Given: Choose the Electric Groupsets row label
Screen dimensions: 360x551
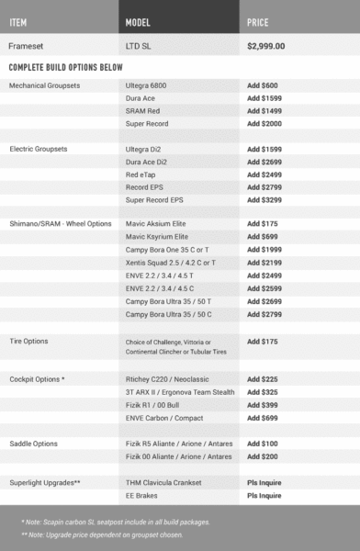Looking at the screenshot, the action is point(39,148).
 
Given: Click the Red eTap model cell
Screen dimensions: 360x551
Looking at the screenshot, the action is point(141,174).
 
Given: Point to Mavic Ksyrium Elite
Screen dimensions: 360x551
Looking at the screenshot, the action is point(156,237).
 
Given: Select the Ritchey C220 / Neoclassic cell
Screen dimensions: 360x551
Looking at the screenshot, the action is point(165,377).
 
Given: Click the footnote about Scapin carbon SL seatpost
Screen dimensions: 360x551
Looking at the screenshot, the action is point(118,521).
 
